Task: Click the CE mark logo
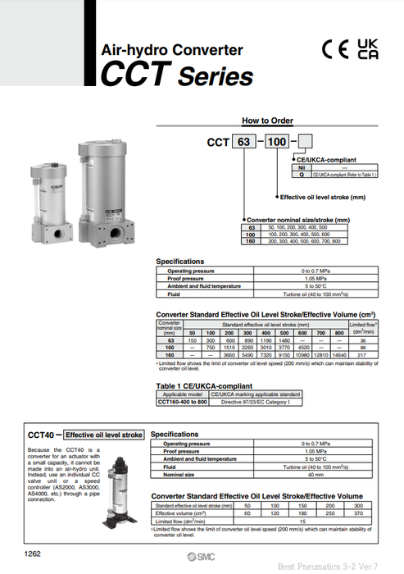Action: tap(336, 50)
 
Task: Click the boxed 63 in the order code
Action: tap(243, 142)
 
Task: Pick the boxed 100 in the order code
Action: tap(278, 142)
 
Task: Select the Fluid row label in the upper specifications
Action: tap(174, 292)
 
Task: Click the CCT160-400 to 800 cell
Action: tap(182, 402)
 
